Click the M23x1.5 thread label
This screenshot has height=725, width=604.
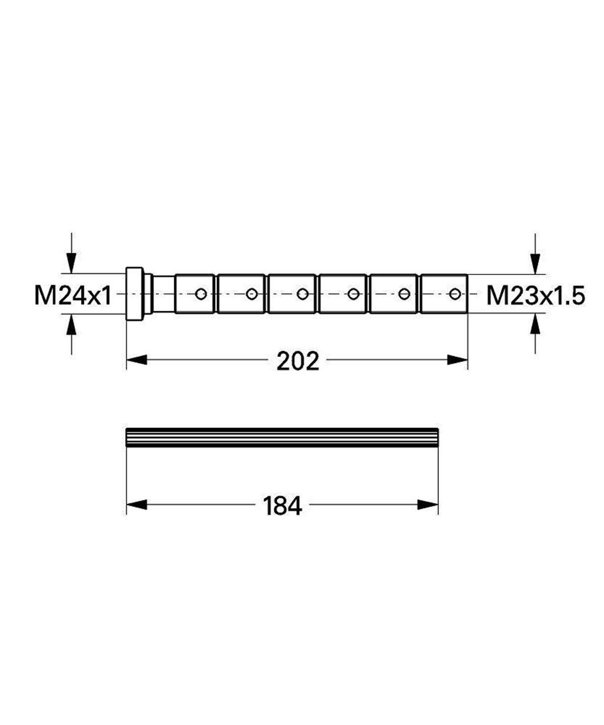click(536, 296)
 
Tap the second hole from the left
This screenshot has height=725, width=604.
click(252, 294)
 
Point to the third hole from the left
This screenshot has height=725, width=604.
click(302, 294)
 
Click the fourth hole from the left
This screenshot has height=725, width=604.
click(353, 294)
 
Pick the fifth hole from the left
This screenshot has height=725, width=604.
click(404, 294)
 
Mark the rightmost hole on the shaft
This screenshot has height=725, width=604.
click(455, 294)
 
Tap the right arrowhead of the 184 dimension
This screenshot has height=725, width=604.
click(429, 504)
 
